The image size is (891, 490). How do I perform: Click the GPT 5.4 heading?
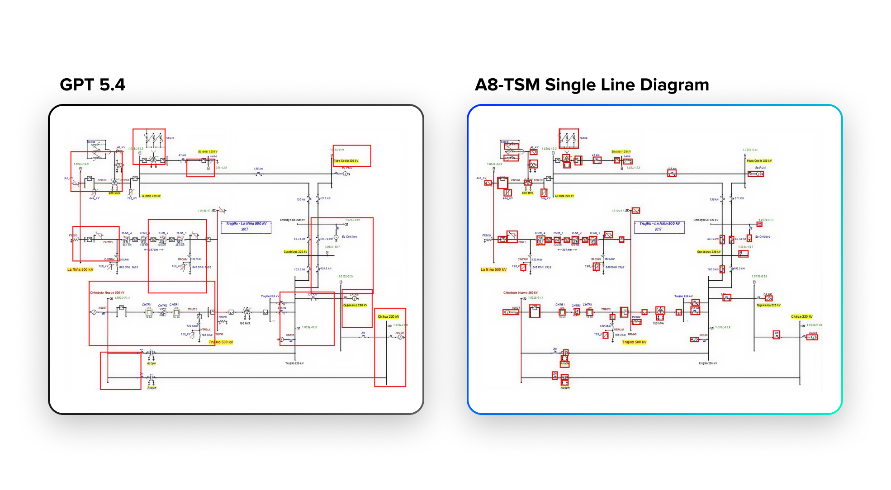(92, 85)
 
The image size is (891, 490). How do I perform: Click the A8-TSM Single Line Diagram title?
(592, 85)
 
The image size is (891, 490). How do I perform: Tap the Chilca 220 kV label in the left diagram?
(389, 316)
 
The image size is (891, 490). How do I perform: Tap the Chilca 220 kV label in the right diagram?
(801, 316)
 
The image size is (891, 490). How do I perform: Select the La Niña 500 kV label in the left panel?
(80, 269)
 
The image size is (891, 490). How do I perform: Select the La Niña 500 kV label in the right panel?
(493, 269)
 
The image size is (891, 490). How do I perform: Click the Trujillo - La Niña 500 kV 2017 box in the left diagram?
(246, 226)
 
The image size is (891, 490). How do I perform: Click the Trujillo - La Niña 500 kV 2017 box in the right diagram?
(659, 226)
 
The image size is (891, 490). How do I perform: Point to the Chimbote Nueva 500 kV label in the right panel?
(521, 292)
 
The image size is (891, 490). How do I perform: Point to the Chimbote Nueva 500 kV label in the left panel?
(107, 292)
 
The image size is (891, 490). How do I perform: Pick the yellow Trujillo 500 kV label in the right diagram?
(634, 342)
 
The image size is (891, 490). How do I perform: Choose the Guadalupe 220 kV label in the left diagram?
(295, 252)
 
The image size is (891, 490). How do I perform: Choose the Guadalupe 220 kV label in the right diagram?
(709, 252)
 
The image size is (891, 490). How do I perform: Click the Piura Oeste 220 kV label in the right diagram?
(759, 160)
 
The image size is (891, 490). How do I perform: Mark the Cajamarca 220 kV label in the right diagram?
(768, 305)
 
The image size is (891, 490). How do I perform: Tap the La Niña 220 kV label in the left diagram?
(151, 196)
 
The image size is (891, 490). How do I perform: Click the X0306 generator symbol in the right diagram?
(813, 337)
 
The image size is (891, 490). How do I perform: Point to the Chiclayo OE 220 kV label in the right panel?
(706, 220)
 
